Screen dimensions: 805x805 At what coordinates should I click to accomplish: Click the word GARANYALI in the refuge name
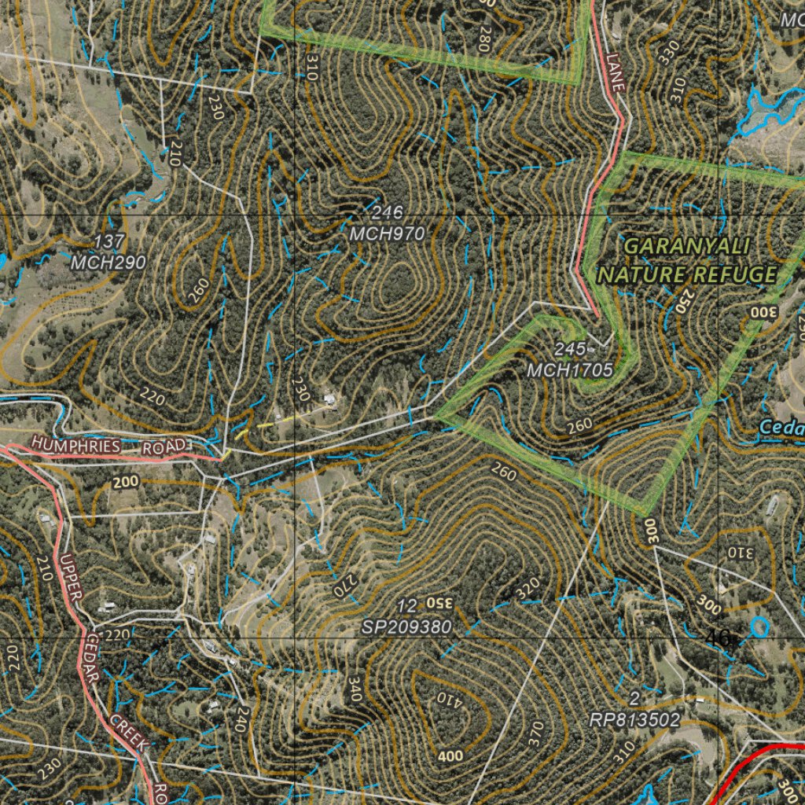click(685, 246)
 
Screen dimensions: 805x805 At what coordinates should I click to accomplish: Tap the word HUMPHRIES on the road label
click(76, 447)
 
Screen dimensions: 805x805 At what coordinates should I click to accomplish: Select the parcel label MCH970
click(387, 233)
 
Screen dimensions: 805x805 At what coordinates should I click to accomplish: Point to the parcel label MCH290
click(108, 263)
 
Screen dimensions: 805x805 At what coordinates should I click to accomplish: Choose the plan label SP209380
click(407, 627)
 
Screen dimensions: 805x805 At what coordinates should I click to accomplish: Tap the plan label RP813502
click(634, 719)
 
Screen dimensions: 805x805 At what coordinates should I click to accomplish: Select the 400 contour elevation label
click(450, 756)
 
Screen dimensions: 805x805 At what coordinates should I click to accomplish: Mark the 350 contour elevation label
click(439, 604)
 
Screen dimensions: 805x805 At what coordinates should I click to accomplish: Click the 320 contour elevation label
click(529, 587)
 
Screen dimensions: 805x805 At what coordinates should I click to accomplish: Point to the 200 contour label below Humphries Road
click(125, 482)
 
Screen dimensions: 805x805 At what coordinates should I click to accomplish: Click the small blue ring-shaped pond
click(759, 626)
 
